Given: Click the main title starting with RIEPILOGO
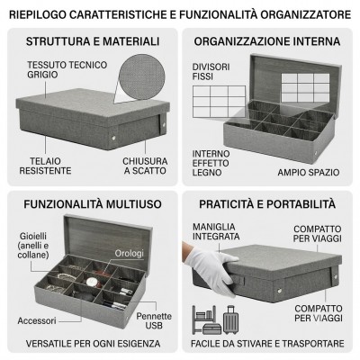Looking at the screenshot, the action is (180, 14).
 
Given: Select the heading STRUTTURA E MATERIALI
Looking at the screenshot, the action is (93, 41).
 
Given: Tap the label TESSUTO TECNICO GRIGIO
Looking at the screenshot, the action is (67, 69).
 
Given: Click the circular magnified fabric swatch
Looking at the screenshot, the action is (142, 77).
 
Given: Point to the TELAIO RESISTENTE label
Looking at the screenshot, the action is (45, 166).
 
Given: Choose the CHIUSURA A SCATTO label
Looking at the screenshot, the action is (145, 166).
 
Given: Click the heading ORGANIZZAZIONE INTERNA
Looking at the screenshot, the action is (267, 41).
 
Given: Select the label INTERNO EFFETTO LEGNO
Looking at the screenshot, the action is (211, 163).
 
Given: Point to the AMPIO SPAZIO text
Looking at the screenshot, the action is (309, 173).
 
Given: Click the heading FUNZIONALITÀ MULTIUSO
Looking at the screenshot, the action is (93, 204).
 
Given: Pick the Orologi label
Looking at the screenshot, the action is (130, 253).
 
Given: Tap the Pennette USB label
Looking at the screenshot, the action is (154, 320).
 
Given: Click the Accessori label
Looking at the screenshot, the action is (37, 320).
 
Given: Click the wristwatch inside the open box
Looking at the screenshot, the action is (92, 282).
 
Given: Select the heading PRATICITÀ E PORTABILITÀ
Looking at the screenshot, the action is (267, 204).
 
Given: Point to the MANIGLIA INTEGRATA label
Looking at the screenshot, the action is (216, 231).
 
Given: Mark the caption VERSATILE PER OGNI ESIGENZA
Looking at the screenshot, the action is (93, 344).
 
